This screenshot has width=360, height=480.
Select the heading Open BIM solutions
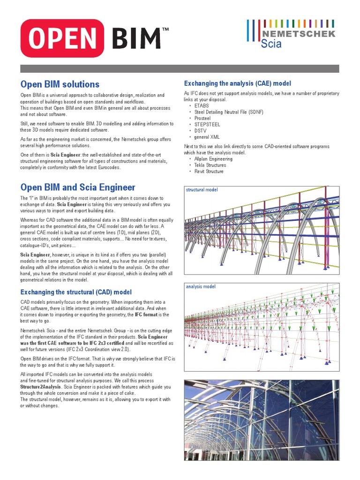click(60, 84)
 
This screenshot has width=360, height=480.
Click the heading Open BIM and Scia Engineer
click(77, 187)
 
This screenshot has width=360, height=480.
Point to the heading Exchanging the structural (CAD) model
click(76, 292)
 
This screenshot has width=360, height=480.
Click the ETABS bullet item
click(202, 106)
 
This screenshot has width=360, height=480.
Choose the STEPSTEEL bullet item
click(207, 125)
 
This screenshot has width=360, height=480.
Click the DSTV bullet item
click(201, 131)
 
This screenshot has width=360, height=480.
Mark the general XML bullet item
click(207, 137)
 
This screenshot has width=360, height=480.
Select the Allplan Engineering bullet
click(214, 159)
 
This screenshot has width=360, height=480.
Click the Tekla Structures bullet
click(210, 165)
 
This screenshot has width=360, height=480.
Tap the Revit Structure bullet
click(209, 171)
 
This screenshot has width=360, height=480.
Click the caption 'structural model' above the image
click(202, 190)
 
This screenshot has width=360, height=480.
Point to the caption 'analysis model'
click(201, 286)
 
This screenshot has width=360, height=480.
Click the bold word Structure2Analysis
click(39, 387)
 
